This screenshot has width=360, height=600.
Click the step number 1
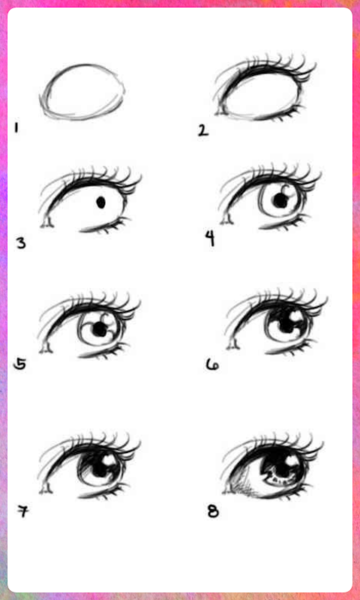(16, 127)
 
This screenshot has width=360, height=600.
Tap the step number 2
(203, 130)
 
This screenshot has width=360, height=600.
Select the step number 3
(21, 243)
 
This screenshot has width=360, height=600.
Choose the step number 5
(19, 364)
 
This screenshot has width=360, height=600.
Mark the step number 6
(212, 365)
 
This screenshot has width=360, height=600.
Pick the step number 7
(23, 511)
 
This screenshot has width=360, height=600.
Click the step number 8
(213, 511)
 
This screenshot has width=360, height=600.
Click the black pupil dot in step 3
(101, 202)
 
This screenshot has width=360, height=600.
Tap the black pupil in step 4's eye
(281, 199)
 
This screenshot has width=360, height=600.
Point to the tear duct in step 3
(47, 223)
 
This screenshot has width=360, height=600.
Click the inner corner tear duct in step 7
(46, 488)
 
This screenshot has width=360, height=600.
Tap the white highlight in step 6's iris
(295, 316)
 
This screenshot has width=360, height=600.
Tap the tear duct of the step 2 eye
(220, 112)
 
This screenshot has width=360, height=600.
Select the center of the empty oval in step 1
(82, 91)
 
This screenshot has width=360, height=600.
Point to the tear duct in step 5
(46, 348)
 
